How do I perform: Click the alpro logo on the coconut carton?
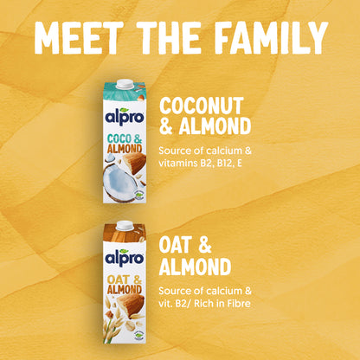point(125,117)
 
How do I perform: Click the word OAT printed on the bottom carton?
point(119,279)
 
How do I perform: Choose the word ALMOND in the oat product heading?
point(195,267)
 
